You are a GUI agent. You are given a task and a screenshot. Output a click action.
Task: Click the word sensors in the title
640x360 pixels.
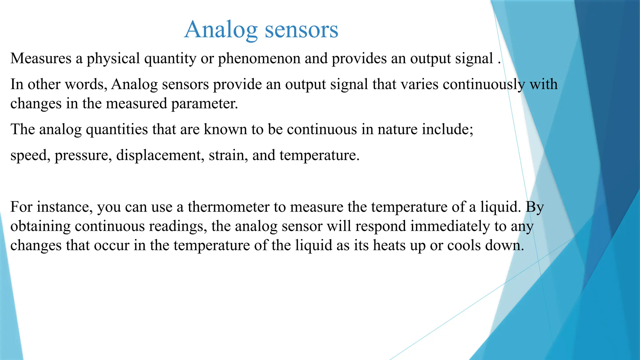(301, 30)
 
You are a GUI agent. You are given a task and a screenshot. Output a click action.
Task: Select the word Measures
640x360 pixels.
(41, 58)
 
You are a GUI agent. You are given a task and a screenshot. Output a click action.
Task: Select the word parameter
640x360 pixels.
(204, 104)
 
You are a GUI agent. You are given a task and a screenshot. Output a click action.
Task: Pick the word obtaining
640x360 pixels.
(41, 227)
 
